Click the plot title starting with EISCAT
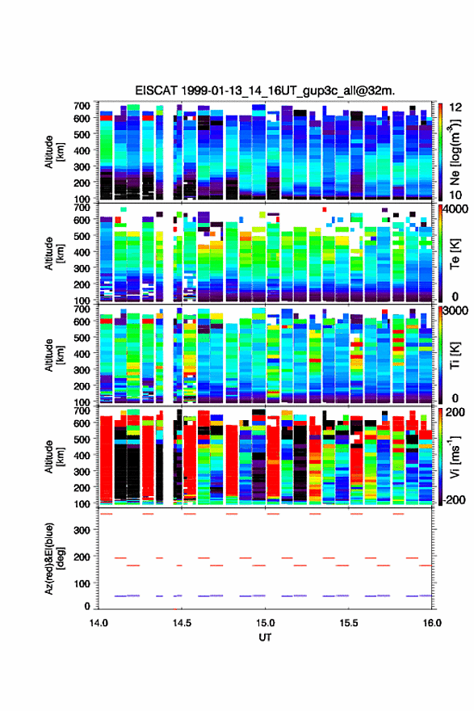coord(265,90)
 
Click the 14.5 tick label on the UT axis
coord(182,623)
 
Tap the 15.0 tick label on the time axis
coord(265,623)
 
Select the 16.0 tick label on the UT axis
coord(432,623)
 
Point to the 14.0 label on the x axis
coord(99,623)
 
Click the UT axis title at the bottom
coord(265,637)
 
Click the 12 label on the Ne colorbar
coord(455,107)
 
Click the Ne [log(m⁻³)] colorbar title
coord(455,153)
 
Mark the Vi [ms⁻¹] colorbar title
coord(455,457)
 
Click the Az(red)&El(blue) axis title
coord(54,558)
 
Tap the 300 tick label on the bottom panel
coord(82,530)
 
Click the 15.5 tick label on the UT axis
coord(349,623)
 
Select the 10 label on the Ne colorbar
coord(455,195)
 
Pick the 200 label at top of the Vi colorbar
coord(456,412)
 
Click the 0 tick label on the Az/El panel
coord(87,606)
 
